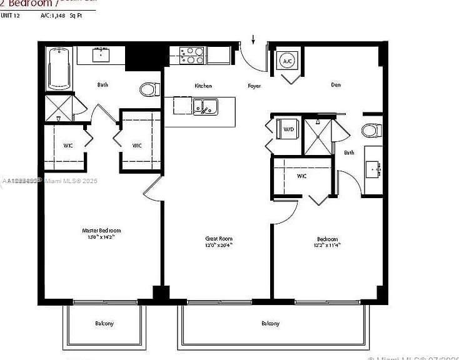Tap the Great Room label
point(219,238)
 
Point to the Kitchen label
point(203,86)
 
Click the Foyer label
point(254,86)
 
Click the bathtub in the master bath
point(61,68)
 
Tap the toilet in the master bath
point(149,89)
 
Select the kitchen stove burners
point(192,56)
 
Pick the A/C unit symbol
point(287,61)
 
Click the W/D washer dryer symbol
point(288,130)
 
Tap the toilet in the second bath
point(371,130)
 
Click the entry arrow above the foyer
point(253,39)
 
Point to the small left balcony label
point(104,323)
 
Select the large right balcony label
point(270,323)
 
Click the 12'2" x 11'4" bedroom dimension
point(326,245)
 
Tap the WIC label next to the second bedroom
point(301,176)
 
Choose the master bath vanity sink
point(101,55)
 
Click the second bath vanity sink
point(374,167)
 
